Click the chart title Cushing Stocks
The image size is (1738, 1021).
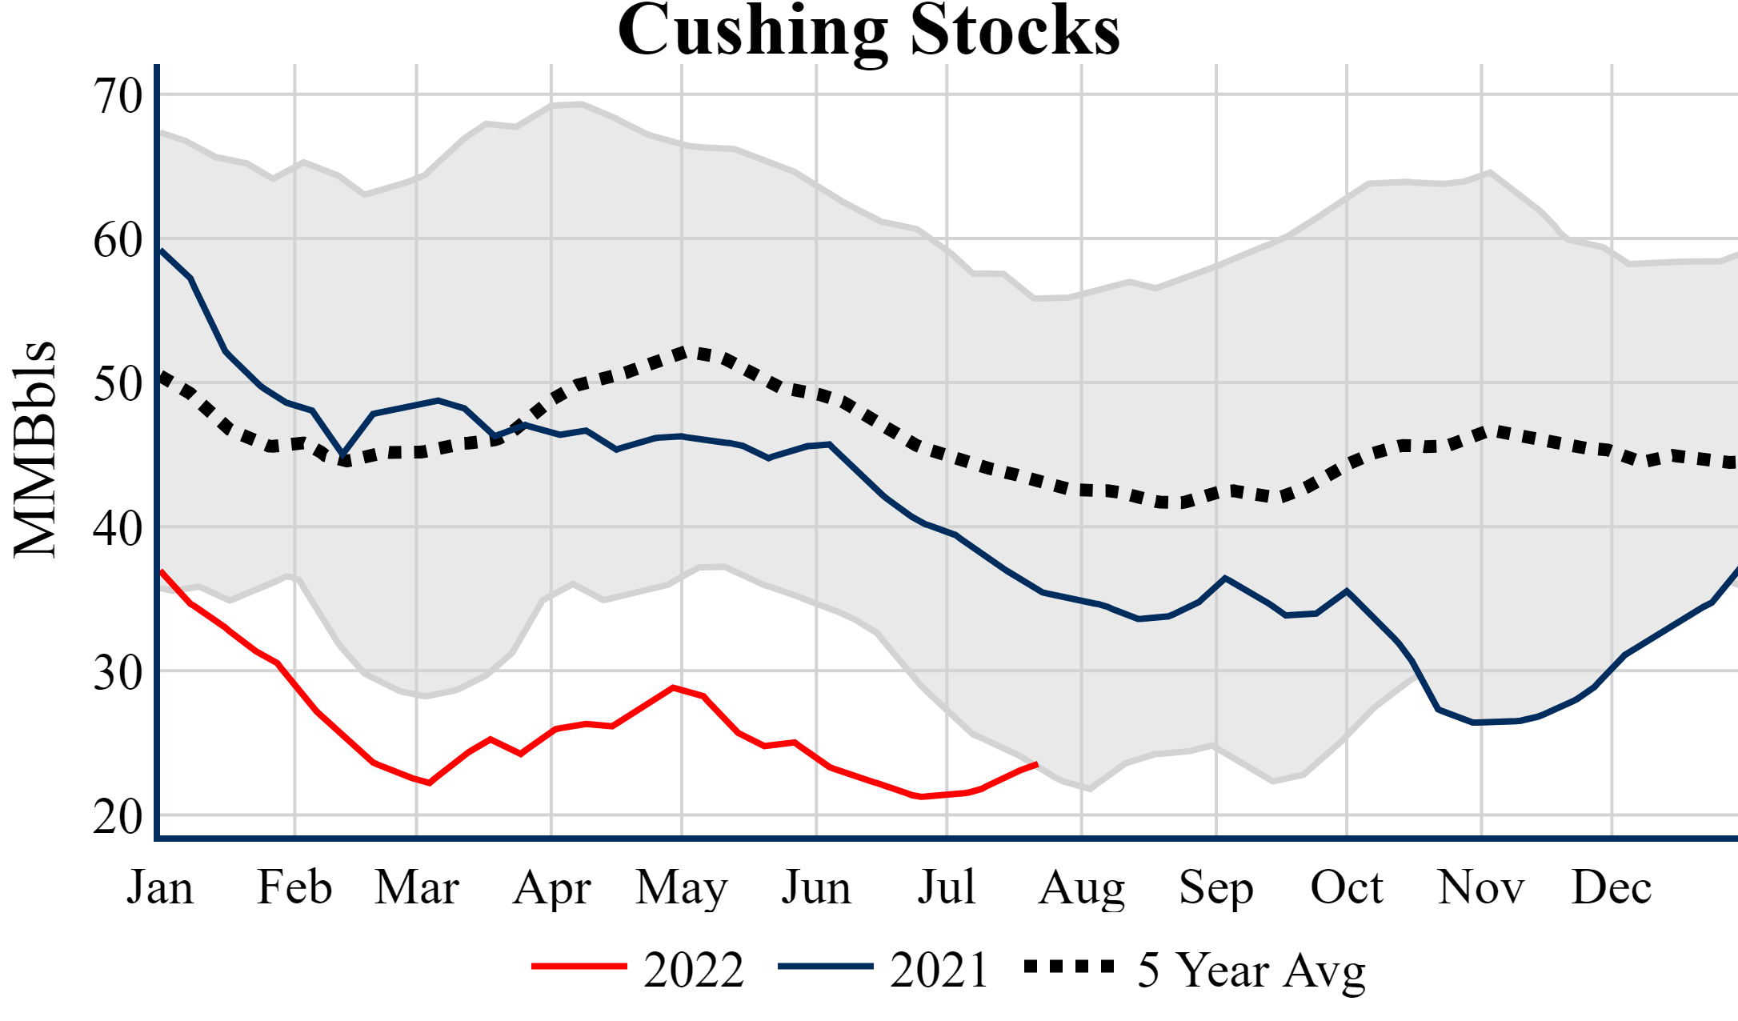(x=868, y=30)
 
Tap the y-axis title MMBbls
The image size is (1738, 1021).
(x=35, y=448)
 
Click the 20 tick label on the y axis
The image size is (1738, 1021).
(x=118, y=816)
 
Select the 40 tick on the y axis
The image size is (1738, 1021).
(x=118, y=528)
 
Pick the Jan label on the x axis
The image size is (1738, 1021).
(x=160, y=887)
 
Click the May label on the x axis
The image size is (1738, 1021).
(x=682, y=887)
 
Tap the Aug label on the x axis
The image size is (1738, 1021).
(x=1081, y=887)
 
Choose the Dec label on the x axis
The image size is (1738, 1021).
(x=1611, y=887)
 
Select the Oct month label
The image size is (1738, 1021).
(x=1347, y=887)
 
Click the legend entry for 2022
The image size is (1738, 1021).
(x=693, y=970)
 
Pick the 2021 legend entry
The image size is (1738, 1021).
(x=939, y=970)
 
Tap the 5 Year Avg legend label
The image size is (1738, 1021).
(x=1251, y=970)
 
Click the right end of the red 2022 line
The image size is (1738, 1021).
(x=1037, y=764)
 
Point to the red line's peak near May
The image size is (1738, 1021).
(x=674, y=687)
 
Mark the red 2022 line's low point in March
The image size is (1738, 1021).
(x=430, y=783)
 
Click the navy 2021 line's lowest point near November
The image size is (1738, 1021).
(x=1474, y=723)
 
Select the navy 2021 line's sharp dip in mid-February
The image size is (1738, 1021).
(x=343, y=454)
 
